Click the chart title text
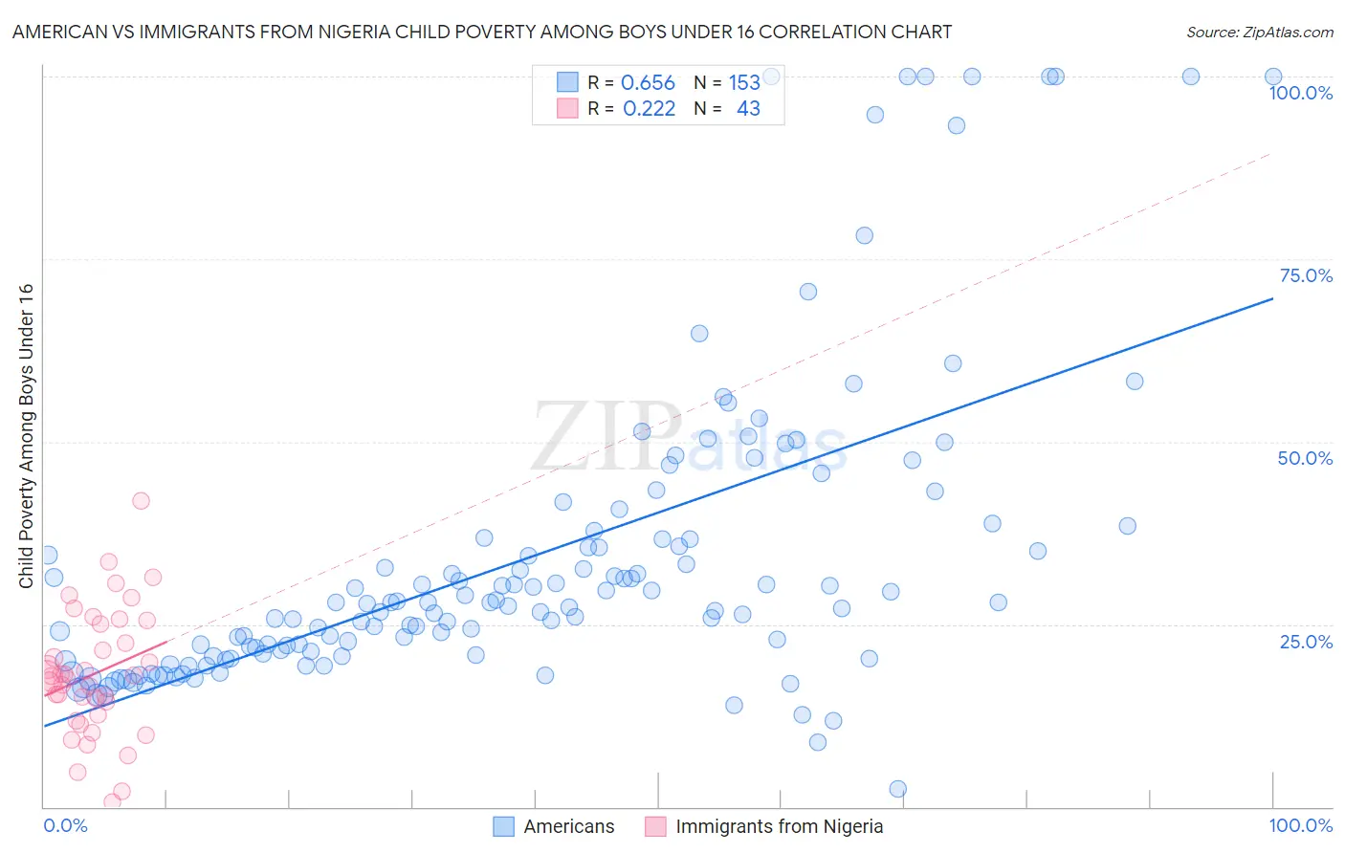[482, 32]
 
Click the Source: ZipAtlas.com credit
[1259, 32]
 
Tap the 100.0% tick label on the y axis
[1300, 93]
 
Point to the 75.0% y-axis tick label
[1306, 275]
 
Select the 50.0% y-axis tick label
[1305, 458]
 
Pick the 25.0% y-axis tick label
[1306, 642]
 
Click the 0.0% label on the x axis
[65, 825]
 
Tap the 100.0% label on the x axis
[1300, 825]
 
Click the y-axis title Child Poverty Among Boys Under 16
[26, 436]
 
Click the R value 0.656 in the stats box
[648, 83]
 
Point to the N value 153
[744, 83]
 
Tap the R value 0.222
[649, 109]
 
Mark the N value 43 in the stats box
[748, 109]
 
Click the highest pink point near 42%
[141, 500]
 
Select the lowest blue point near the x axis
[897, 789]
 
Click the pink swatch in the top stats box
[567, 108]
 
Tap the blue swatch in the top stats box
[567, 82]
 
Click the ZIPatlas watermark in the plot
[689, 438]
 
